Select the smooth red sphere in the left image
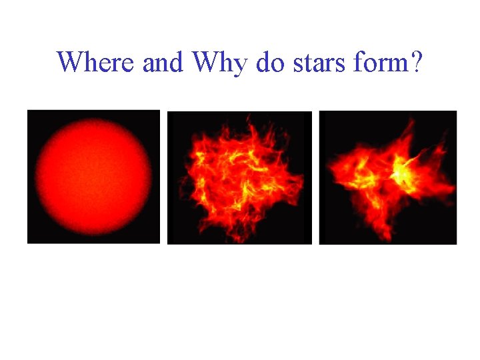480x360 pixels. [x=93, y=177]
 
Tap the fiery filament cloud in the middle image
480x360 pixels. [x=239, y=177]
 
